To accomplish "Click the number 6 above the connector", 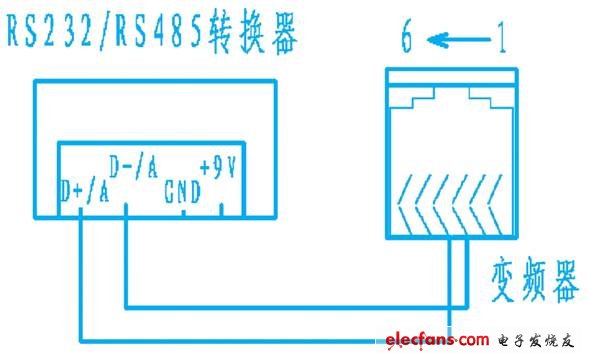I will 408,41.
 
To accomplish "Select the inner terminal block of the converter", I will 155,180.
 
